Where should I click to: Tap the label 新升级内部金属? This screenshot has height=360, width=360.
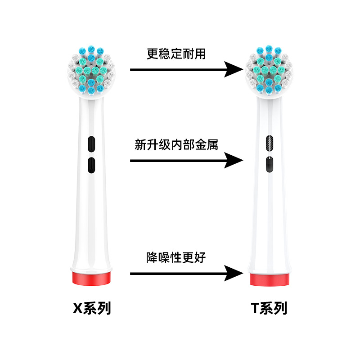(176, 145)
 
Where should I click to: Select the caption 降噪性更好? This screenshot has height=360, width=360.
(176, 258)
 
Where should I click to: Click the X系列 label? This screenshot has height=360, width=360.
(92, 309)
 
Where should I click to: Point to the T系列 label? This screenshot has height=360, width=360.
(269, 309)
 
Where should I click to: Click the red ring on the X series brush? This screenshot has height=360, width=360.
(92, 277)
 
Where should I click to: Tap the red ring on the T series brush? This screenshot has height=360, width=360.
(269, 279)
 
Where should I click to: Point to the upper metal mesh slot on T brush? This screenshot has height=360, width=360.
(269, 144)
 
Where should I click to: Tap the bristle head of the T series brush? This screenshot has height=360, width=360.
(269, 72)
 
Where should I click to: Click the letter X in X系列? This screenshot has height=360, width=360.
(78, 309)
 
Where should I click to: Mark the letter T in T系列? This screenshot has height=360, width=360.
(256, 309)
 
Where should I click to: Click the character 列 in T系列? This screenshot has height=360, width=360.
(280, 309)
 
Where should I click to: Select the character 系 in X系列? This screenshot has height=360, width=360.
(91, 309)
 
